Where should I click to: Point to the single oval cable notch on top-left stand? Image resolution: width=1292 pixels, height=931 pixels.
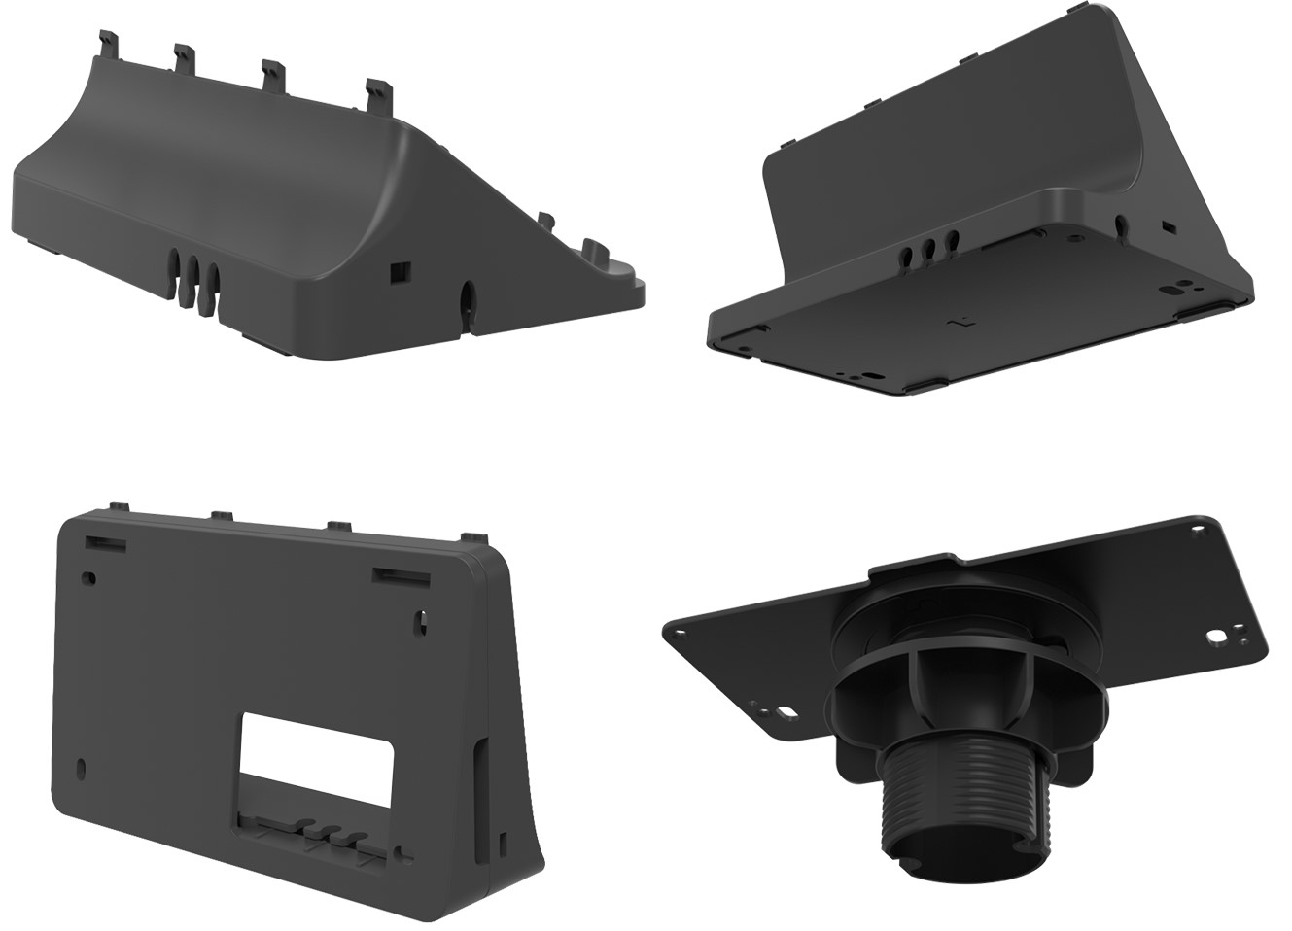point(467,296)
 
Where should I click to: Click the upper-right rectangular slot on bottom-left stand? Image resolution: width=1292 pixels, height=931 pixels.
point(402,579)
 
